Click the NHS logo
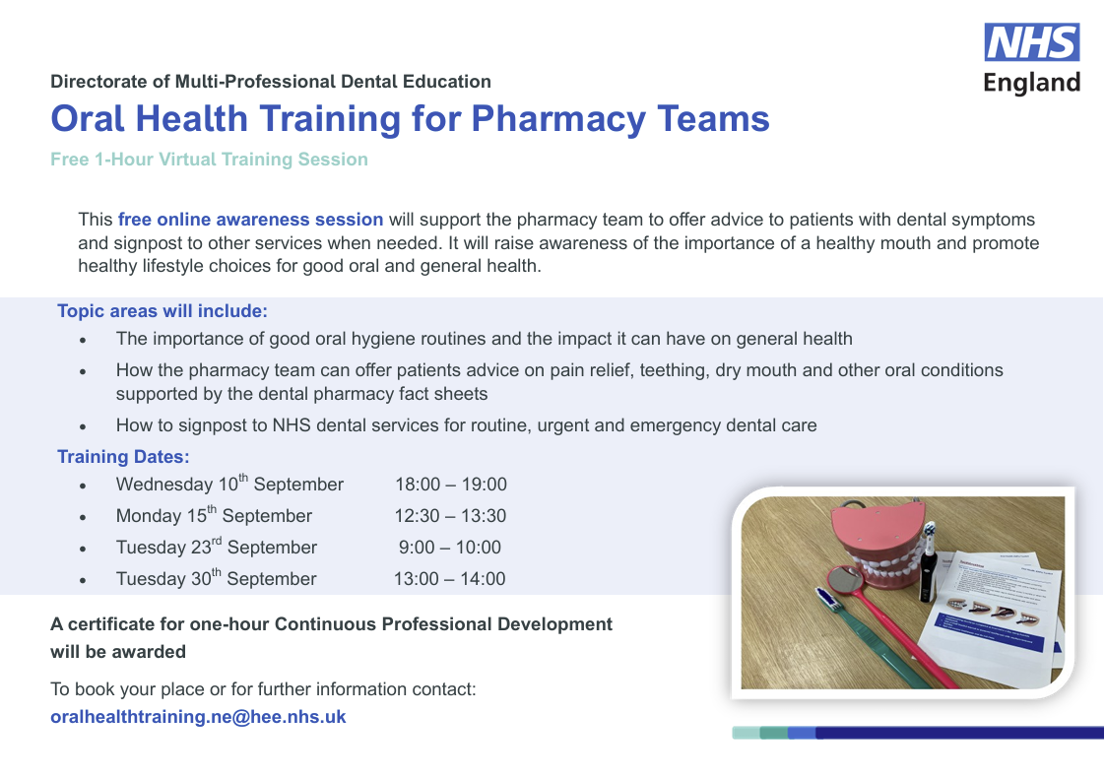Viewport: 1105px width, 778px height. point(1032,42)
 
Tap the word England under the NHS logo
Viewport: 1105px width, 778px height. point(1032,83)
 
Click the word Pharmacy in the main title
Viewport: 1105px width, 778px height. point(558,119)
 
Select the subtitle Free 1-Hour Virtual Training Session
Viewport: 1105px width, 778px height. point(210,160)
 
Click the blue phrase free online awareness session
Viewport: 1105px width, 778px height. point(251,220)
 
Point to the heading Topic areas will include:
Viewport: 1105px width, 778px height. point(162,311)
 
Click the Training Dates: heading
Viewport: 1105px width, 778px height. point(123,457)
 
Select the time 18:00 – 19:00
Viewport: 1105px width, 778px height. point(451,485)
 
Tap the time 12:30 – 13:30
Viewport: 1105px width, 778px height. point(450,516)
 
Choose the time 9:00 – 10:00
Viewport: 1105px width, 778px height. point(450,548)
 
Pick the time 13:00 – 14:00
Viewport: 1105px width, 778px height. point(450,578)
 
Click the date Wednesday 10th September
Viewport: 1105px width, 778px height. point(229,484)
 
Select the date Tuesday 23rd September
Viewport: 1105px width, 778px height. point(217,547)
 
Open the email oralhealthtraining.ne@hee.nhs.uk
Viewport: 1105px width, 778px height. point(198,717)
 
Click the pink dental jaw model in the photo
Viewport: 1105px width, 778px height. point(877,547)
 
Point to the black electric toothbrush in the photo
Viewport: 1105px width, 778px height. point(928,563)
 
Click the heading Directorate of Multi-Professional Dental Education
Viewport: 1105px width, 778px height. point(271,81)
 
